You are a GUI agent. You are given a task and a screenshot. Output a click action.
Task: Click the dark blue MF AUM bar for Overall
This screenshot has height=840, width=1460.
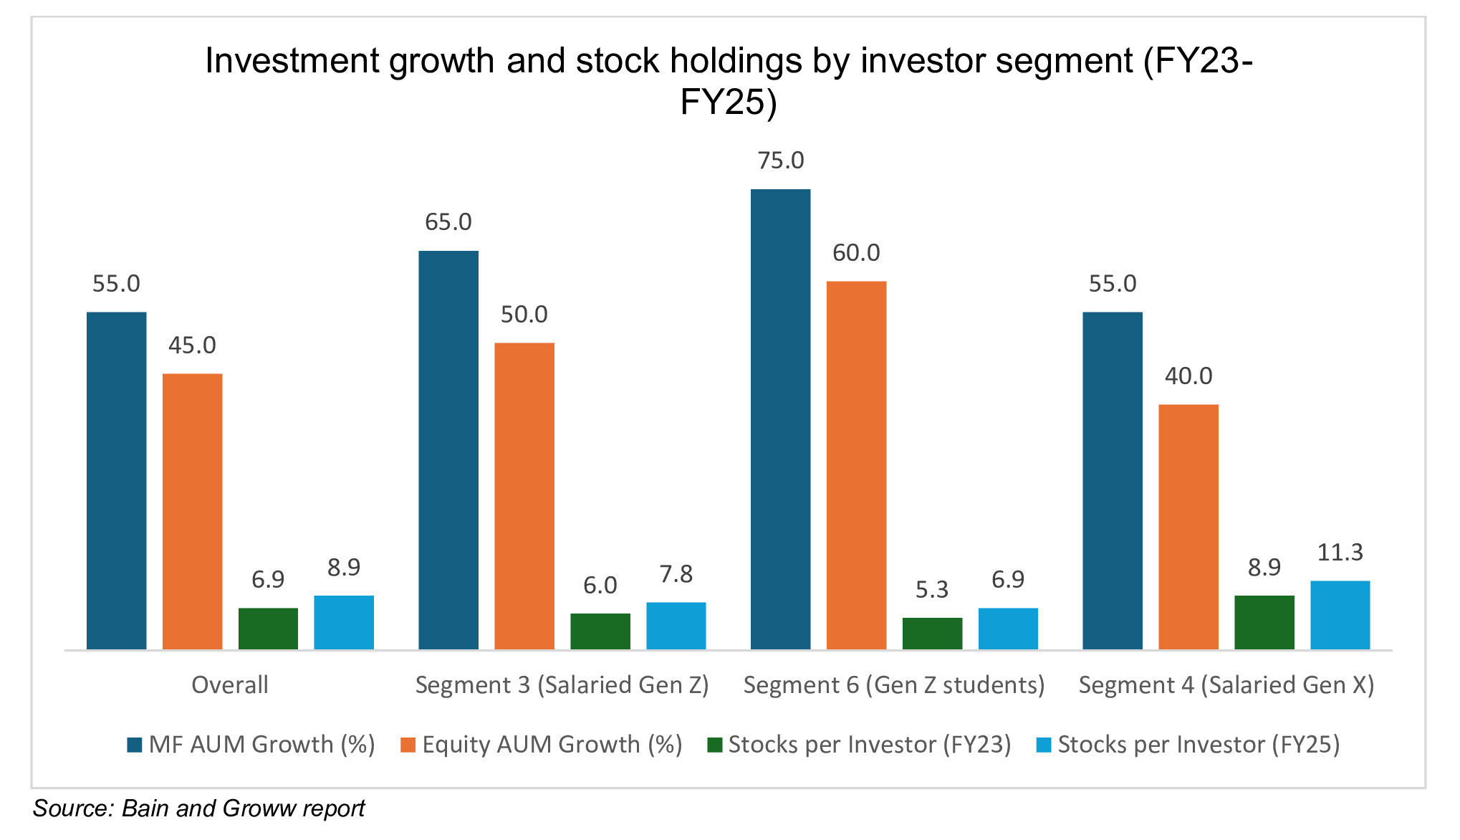pos(116,480)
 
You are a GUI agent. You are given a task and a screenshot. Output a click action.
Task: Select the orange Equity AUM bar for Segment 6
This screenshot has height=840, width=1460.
pos(856,466)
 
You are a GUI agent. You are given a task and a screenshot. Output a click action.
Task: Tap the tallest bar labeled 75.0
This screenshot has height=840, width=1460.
pos(780,419)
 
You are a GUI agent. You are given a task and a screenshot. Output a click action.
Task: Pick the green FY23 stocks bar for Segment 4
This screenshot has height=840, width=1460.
pos(1264,622)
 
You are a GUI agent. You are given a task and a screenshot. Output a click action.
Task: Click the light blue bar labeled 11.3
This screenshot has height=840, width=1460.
pos(1340,615)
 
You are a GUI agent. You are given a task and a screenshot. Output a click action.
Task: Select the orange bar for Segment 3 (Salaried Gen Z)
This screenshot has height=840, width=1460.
pos(524,496)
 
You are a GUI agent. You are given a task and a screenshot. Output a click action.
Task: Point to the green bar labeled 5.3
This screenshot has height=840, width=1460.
pos(932,634)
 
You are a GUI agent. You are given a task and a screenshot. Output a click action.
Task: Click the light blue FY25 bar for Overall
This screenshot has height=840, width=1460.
pos(344,622)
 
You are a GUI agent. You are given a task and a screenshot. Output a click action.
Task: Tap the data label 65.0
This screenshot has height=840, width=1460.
pos(448,222)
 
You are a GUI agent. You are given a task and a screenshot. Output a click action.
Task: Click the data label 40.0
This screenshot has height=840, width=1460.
pos(1188,376)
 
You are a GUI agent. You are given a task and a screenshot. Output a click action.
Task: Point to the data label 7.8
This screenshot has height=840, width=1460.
pos(676,575)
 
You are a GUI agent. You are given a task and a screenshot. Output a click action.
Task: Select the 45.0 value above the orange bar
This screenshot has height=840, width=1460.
pos(192,345)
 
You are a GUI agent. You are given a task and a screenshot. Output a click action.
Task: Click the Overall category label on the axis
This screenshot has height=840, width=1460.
pos(229,685)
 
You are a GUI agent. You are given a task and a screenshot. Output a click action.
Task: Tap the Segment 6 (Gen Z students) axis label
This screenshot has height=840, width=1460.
pos(893,685)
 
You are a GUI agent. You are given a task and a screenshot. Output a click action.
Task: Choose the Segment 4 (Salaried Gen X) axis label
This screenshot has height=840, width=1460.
pos(1226,685)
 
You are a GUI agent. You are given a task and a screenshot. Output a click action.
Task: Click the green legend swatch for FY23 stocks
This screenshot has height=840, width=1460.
pos(714,745)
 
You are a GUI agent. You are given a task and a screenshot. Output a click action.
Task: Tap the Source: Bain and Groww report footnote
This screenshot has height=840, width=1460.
pos(198,808)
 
